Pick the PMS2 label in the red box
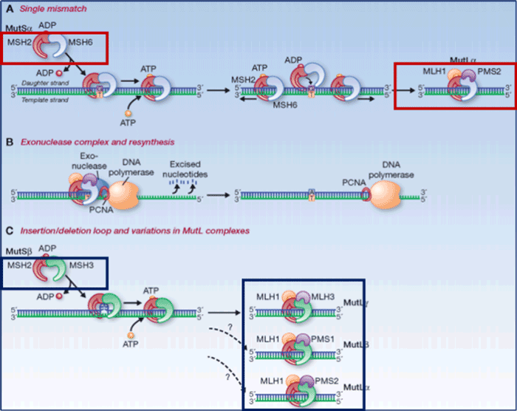(x=479, y=74)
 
